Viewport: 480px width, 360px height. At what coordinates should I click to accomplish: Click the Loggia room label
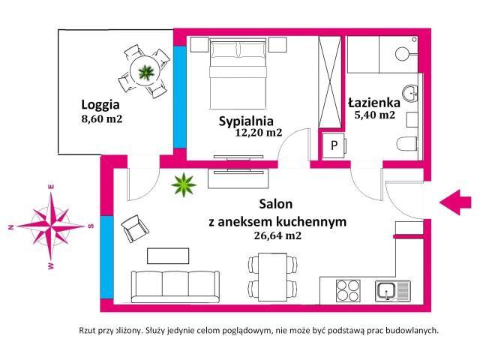click(x=100, y=105)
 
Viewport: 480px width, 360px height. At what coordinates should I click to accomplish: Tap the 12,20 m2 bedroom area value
click(x=259, y=132)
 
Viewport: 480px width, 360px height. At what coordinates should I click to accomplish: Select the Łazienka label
click(x=374, y=103)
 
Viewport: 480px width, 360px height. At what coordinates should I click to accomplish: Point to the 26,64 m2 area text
click(x=277, y=235)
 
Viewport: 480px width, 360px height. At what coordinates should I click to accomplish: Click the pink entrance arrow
click(x=455, y=202)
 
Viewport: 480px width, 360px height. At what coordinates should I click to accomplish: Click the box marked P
click(x=333, y=145)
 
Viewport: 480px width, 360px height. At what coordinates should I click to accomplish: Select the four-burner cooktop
click(x=348, y=291)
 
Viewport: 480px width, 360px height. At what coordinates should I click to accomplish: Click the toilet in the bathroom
click(x=406, y=143)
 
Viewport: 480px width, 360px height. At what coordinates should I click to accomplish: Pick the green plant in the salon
click(x=184, y=184)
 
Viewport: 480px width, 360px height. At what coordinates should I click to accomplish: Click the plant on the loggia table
click(x=145, y=73)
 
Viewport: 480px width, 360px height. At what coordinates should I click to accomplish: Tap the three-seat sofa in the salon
click(x=175, y=286)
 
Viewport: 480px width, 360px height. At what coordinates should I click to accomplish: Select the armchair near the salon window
click(x=135, y=228)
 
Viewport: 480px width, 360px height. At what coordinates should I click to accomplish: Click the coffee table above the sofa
click(x=168, y=256)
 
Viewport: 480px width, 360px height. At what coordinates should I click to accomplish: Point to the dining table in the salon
click(x=272, y=277)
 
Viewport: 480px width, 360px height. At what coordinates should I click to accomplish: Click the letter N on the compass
click(x=12, y=227)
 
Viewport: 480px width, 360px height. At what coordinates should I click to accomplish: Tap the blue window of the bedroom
click(x=180, y=97)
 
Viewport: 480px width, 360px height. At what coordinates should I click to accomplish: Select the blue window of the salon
click(x=106, y=257)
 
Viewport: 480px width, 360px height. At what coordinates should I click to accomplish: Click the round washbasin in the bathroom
click(x=410, y=93)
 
